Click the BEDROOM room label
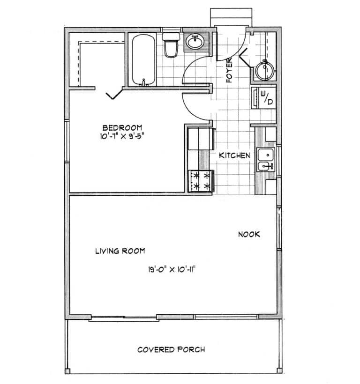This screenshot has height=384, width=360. click(x=122, y=128)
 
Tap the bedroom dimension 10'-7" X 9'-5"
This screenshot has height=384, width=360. click(x=122, y=137)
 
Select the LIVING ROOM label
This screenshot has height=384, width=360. click(x=120, y=251)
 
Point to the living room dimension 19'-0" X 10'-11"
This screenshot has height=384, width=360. click(x=171, y=269)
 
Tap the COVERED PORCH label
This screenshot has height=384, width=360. click(x=171, y=349)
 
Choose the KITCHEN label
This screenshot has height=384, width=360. click(x=234, y=155)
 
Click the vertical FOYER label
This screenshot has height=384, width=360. click(x=230, y=70)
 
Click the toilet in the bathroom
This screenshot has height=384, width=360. click(x=171, y=44)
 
